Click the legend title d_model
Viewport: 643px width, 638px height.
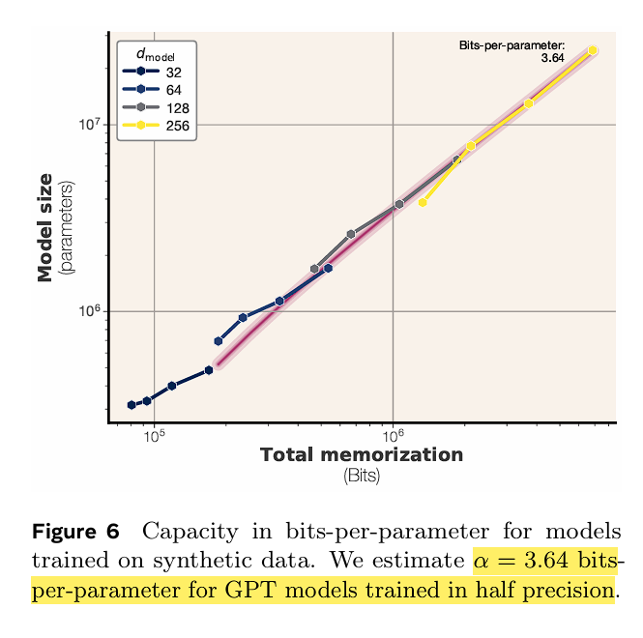point(156,54)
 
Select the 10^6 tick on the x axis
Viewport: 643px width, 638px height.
point(393,437)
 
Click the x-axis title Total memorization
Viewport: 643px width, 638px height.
point(362,455)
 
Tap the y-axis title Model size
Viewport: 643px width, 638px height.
point(44,227)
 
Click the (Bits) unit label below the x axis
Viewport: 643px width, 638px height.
point(362,476)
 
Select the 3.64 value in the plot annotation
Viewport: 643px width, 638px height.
point(552,58)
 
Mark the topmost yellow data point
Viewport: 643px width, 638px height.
point(593,50)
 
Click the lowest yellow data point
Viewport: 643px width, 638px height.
point(423,203)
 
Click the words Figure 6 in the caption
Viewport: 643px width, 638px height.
point(75,531)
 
